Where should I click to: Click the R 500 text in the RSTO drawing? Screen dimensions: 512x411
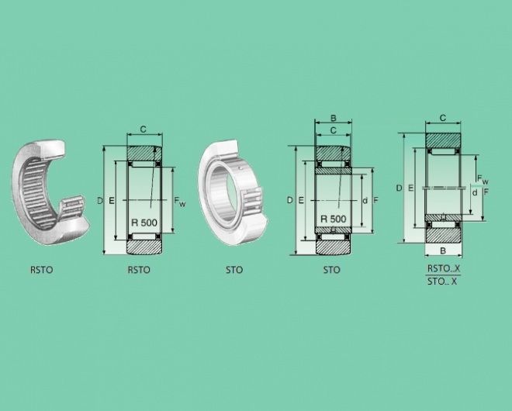pyautogui.click(x=144, y=223)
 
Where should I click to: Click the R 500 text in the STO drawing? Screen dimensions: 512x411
pyautogui.click(x=333, y=219)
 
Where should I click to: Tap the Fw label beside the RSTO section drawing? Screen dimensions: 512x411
pyautogui.click(x=180, y=201)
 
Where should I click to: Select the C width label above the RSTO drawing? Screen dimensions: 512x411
pyautogui.click(x=143, y=130)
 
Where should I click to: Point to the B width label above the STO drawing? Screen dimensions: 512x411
pyautogui.click(x=334, y=118)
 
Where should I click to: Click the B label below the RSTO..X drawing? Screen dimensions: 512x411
pyautogui.click(x=443, y=250)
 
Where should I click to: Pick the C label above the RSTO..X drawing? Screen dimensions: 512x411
pyautogui.click(x=443, y=118)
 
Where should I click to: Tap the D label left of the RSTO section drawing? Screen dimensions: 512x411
pyautogui.click(x=100, y=200)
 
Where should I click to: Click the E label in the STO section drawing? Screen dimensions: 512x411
pyautogui.click(x=301, y=200)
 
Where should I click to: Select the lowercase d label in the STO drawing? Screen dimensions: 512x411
pyautogui.click(x=365, y=200)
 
